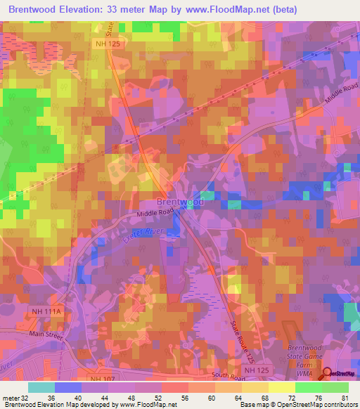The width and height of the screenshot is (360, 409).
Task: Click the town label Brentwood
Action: [x=176, y=201]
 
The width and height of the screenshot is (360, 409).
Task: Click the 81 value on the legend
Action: [x=345, y=398]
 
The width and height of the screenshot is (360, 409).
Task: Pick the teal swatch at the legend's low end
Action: [x=41, y=387]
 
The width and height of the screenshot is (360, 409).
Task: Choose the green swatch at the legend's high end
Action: [x=335, y=387]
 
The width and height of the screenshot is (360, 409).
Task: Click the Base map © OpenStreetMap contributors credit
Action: [x=297, y=405]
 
